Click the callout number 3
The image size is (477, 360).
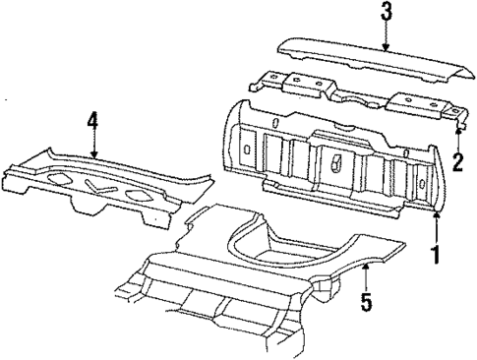coord(387,12)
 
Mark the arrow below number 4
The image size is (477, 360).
coord(92,146)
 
